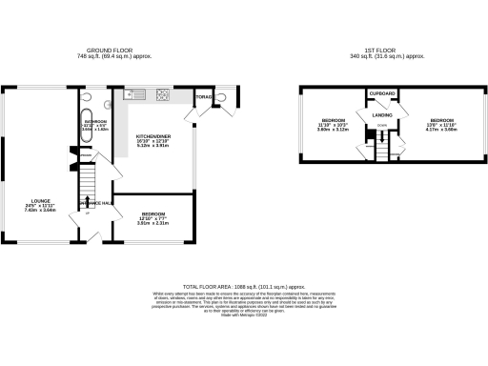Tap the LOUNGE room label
click(x=40, y=203)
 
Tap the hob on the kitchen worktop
click(x=162, y=94)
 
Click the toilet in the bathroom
click(x=88, y=97)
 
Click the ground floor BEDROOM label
click(x=152, y=217)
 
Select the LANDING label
click(x=383, y=116)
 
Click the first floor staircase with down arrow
click(x=381, y=150)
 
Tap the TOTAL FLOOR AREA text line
click(x=244, y=285)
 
